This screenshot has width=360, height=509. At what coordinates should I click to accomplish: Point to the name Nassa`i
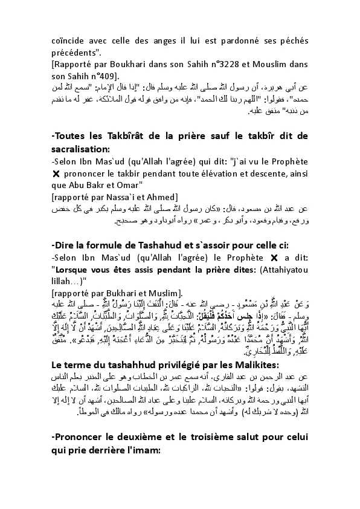click(x=123, y=197)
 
